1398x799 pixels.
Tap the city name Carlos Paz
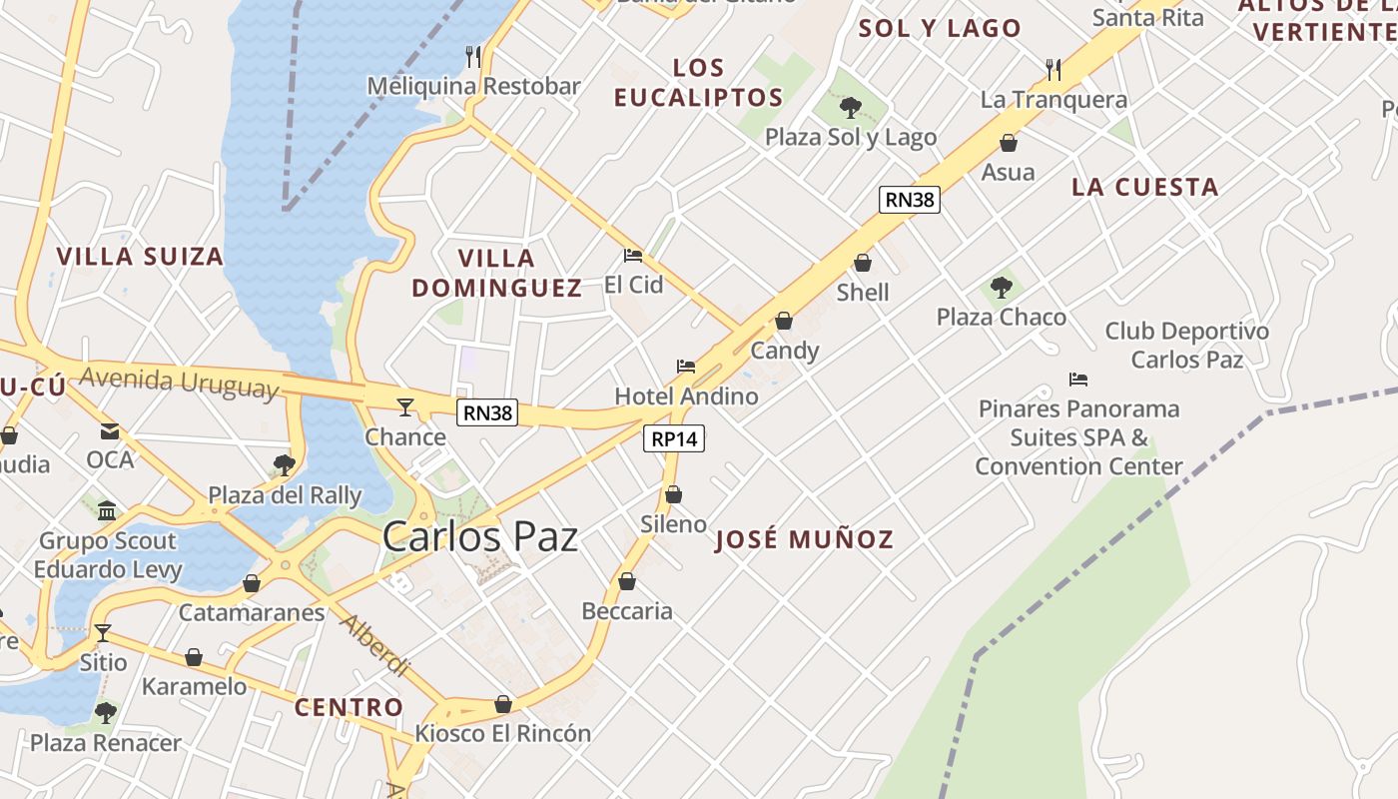pyautogui.click(x=480, y=537)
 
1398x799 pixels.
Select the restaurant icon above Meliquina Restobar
pyautogui.click(x=473, y=56)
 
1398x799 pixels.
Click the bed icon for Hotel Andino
pyautogui.click(x=686, y=367)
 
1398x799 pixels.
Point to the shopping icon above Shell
pyautogui.click(x=863, y=263)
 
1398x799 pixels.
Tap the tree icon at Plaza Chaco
pyautogui.click(x=1001, y=288)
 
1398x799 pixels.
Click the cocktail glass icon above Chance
pyautogui.click(x=404, y=406)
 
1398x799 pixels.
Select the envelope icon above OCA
pyautogui.click(x=110, y=431)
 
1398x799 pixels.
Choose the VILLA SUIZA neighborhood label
pyautogui.click(x=140, y=257)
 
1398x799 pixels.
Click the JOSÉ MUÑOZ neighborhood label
pyautogui.click(x=805, y=540)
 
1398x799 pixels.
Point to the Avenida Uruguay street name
pyautogui.click(x=179, y=383)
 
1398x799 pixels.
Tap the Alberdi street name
pyautogui.click(x=375, y=644)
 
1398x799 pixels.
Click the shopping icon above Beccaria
pyautogui.click(x=627, y=581)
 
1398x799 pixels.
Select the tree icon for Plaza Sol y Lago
pyautogui.click(x=851, y=107)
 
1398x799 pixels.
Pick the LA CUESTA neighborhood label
pyautogui.click(x=1144, y=187)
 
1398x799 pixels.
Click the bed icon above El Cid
pyautogui.click(x=633, y=256)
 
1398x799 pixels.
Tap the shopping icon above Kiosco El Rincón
pyautogui.click(x=503, y=704)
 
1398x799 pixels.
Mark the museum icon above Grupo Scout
pyautogui.click(x=106, y=511)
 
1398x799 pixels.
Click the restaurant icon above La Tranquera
pyautogui.click(x=1053, y=69)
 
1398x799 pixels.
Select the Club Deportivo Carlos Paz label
pyautogui.click(x=1186, y=345)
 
